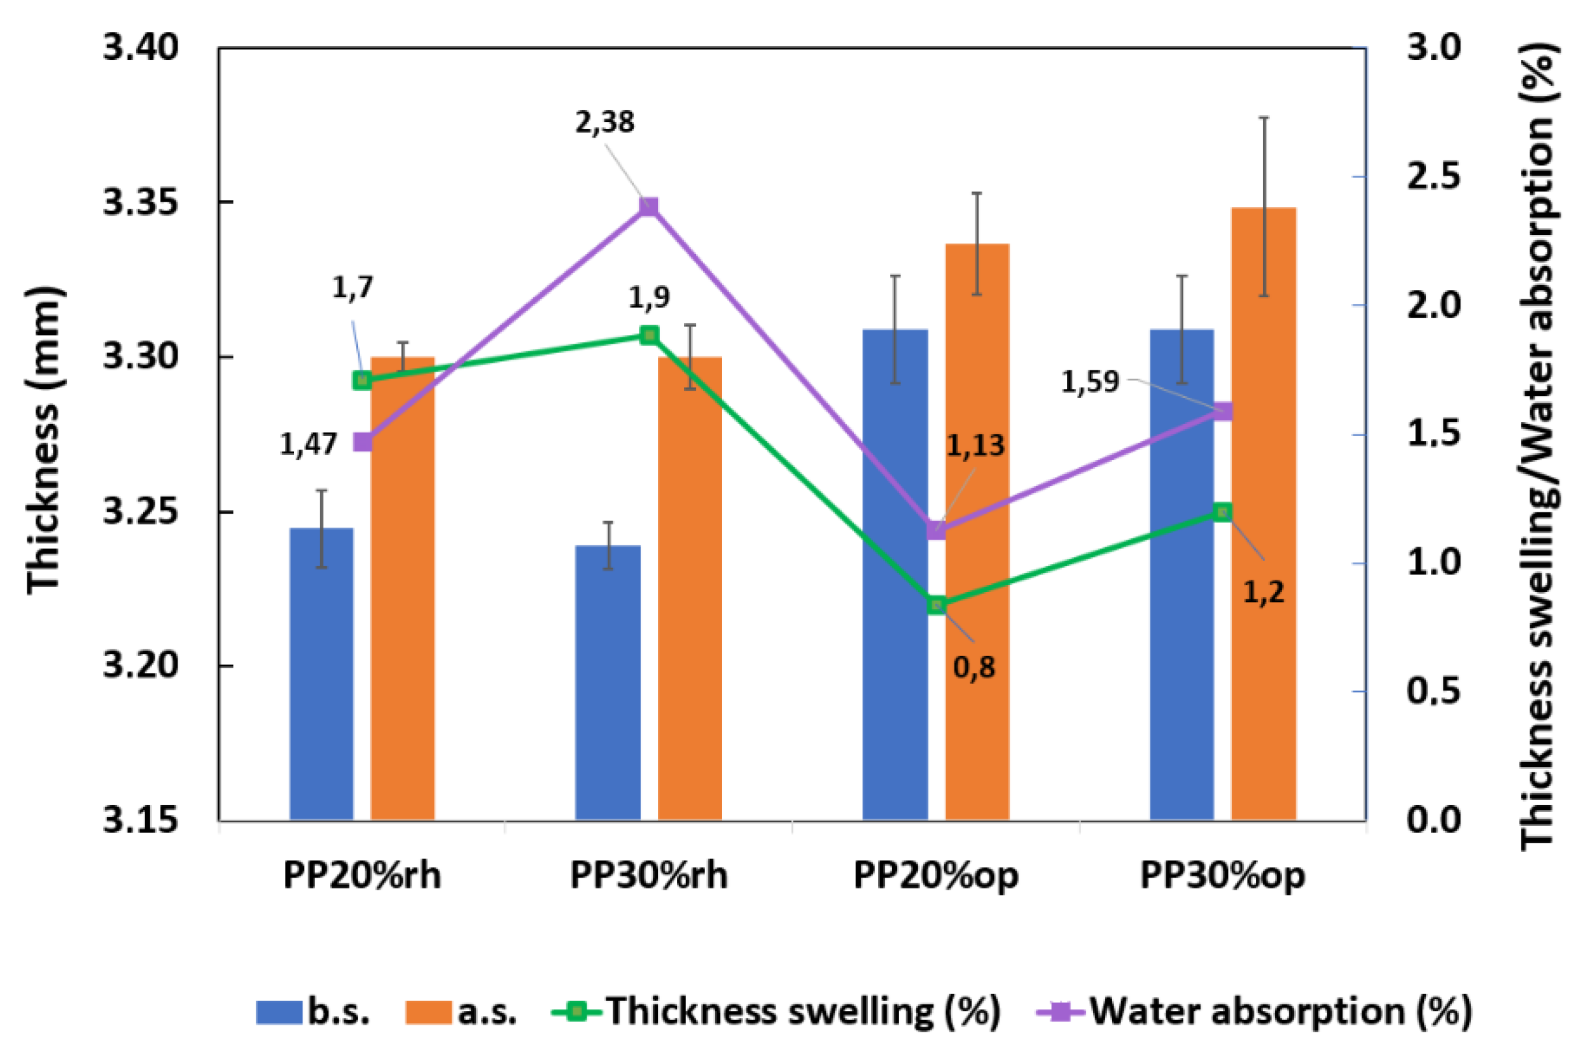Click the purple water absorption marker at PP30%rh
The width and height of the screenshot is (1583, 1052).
point(648,206)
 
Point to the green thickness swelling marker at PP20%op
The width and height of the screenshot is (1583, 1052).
point(937,605)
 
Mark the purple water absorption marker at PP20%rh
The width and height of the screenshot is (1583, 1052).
point(363,442)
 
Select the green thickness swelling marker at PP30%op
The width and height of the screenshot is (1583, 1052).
point(1223,512)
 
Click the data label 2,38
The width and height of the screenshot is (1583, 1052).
point(604,123)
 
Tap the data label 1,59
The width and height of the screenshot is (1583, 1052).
point(1090,382)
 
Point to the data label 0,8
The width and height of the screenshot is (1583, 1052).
point(974,668)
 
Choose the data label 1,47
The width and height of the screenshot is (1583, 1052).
point(308,444)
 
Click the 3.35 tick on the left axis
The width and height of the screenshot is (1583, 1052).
point(141,202)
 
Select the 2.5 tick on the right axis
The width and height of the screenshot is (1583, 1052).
point(1433,176)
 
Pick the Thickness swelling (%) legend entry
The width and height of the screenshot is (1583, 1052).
point(776,1011)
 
